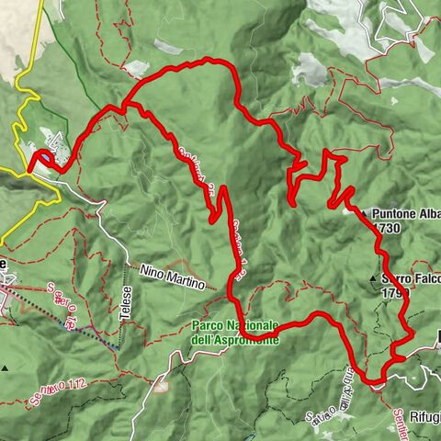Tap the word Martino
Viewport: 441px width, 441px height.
(x=190, y=280)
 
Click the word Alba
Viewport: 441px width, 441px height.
(x=429, y=214)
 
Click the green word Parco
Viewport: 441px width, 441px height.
(x=210, y=325)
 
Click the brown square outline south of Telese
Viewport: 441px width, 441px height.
(x=162, y=385)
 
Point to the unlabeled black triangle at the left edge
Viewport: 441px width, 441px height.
(x=6, y=368)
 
